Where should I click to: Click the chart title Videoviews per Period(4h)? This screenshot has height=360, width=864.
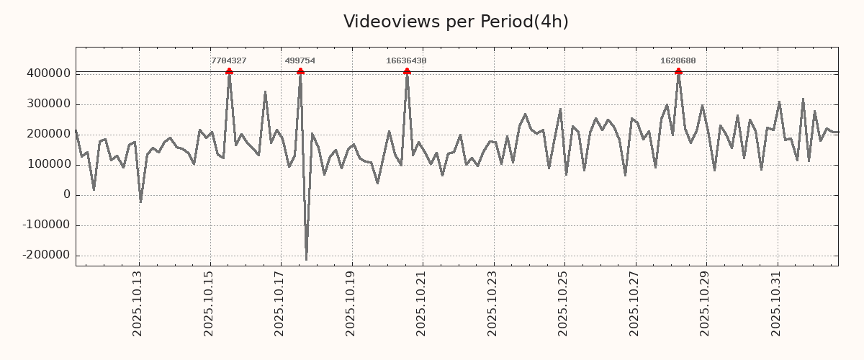coord(456,22)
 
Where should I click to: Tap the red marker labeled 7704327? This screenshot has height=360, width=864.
coord(229,71)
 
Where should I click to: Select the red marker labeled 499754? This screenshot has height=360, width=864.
coord(300,71)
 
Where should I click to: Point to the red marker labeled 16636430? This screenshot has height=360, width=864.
coord(407,71)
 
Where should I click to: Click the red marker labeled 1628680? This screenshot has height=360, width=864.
coord(678,71)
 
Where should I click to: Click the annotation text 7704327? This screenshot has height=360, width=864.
coord(229,61)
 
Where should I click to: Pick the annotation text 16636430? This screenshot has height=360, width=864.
coord(406,61)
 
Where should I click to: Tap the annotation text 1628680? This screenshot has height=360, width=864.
coord(678,61)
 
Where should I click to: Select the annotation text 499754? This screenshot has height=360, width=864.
coord(300,61)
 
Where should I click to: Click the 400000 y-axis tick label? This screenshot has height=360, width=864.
coord(48,73)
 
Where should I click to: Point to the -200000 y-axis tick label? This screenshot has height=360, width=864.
coord(46,256)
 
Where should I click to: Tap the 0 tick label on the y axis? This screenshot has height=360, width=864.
coord(67,195)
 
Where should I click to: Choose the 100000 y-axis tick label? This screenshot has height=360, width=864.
coord(48,165)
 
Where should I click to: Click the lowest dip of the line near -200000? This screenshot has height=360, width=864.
coord(306,259)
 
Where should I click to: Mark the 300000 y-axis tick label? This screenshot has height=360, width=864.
coord(48,104)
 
